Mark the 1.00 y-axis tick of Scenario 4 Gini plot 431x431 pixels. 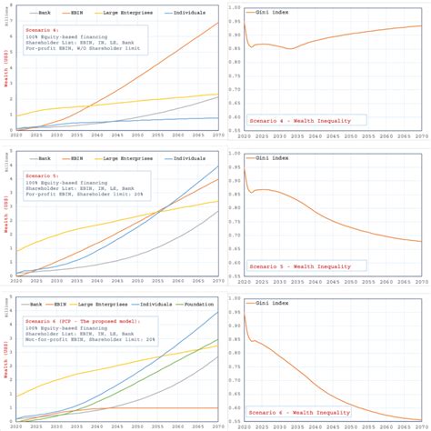pyautogui.click(x=234, y=8)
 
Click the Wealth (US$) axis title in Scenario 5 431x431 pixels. pyautogui.click(x=5, y=217)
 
